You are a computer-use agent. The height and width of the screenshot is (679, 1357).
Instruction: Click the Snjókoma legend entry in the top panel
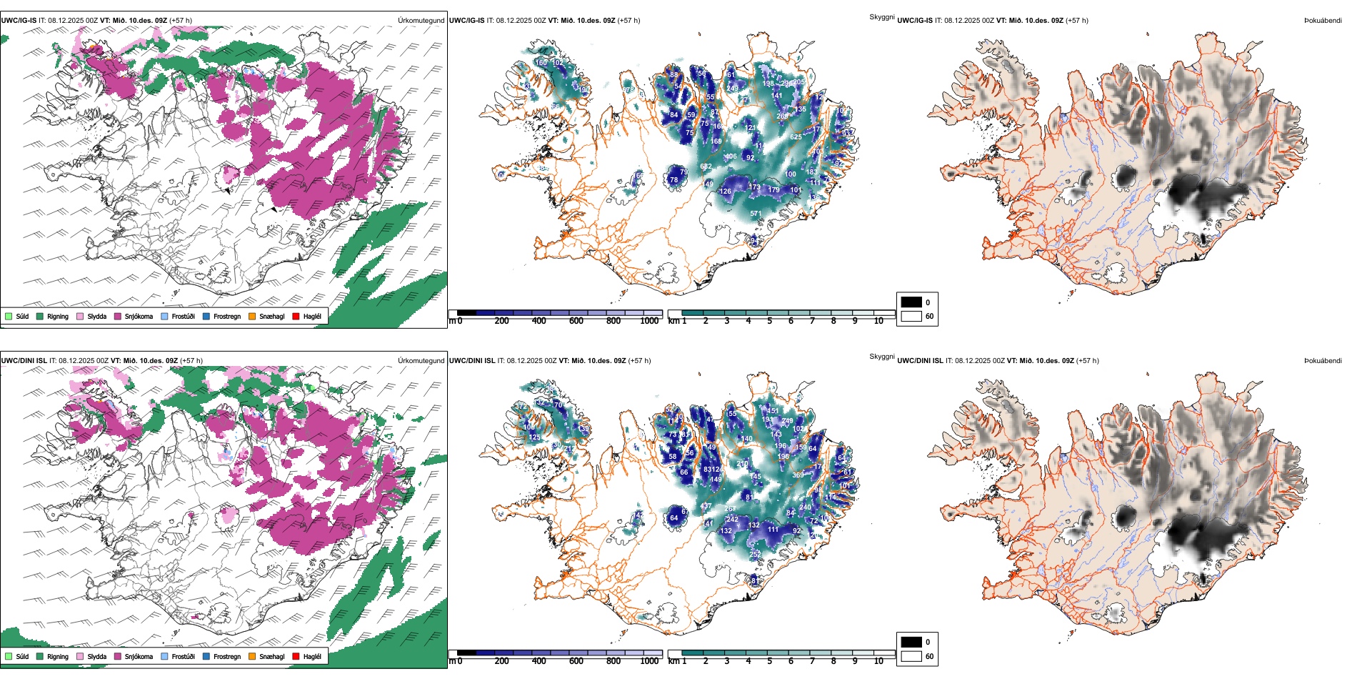click(x=139, y=316)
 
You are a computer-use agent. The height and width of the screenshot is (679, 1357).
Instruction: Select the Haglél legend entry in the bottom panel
click(x=312, y=656)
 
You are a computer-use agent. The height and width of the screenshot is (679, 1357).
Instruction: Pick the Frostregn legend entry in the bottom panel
click(x=226, y=656)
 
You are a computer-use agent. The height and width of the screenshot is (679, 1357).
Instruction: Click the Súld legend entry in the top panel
click(x=22, y=316)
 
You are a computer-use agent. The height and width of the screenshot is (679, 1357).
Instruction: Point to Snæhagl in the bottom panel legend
click(x=271, y=656)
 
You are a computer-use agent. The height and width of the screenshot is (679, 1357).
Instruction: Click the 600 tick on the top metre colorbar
click(x=576, y=321)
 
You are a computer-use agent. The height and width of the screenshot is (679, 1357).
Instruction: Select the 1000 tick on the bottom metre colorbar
click(x=649, y=661)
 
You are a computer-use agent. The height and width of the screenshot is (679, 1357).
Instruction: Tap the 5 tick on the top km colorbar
click(x=770, y=321)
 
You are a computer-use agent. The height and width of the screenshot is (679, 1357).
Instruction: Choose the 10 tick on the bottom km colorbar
click(x=878, y=661)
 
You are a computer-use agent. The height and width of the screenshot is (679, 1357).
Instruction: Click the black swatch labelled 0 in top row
click(x=911, y=302)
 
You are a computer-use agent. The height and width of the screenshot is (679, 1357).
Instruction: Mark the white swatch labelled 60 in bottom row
click(x=911, y=656)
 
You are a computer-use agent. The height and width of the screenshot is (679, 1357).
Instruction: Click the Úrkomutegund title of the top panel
click(x=421, y=21)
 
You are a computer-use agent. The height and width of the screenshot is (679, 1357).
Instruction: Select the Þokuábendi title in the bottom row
click(x=1323, y=361)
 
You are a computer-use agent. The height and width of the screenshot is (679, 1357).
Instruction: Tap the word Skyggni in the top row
click(x=882, y=16)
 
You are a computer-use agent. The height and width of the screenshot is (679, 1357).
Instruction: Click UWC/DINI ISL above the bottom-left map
click(x=24, y=361)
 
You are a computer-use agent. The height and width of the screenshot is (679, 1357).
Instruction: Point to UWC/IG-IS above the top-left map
click(x=19, y=21)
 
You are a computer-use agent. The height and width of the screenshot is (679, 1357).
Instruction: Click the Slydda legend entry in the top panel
click(x=96, y=316)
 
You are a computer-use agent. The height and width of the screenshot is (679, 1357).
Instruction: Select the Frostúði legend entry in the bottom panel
click(x=183, y=656)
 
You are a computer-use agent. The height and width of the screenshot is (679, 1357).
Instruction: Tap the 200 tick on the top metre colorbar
click(x=502, y=321)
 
